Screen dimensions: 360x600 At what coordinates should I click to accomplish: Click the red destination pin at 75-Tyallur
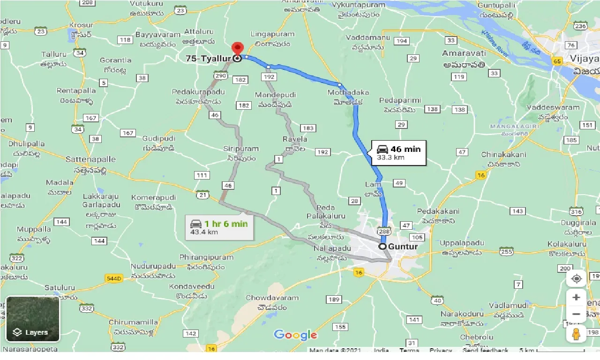pos(238,49)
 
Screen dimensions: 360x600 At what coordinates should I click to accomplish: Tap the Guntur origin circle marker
pos(383,246)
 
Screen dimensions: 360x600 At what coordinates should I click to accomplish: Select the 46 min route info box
pos(398,153)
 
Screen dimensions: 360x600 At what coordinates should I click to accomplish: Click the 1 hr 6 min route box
pos(218,227)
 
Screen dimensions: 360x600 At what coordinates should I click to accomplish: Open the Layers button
pos(33,319)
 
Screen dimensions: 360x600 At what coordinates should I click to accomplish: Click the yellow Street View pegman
pos(577,334)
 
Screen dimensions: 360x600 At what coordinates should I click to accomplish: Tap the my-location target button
pos(577,278)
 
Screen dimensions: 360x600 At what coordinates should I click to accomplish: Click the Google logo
pos(295,335)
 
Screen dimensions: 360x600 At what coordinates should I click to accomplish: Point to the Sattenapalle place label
pos(90,159)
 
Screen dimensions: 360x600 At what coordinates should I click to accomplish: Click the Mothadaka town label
pos(348,93)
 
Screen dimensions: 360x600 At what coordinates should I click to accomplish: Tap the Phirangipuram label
pos(206,257)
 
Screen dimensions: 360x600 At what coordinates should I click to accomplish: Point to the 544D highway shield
pos(114,278)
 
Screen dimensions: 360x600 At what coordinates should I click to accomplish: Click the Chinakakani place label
pos(503,155)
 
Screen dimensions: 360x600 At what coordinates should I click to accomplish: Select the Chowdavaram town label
pos(272,298)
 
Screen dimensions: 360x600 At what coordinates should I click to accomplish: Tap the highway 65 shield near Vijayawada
pos(557,61)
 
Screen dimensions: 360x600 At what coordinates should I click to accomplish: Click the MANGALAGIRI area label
pos(510,127)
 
